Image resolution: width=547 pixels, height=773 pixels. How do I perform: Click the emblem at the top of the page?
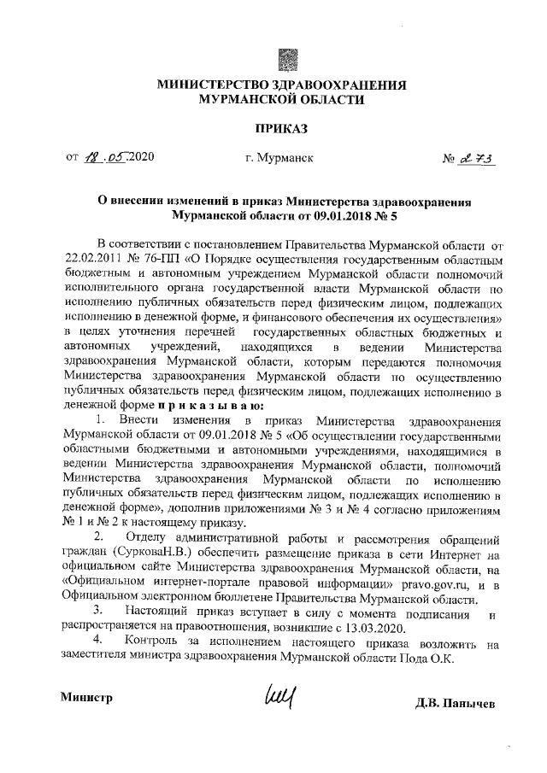tap(289, 59)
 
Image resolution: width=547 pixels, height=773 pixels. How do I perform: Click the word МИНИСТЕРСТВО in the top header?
tap(212, 85)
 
